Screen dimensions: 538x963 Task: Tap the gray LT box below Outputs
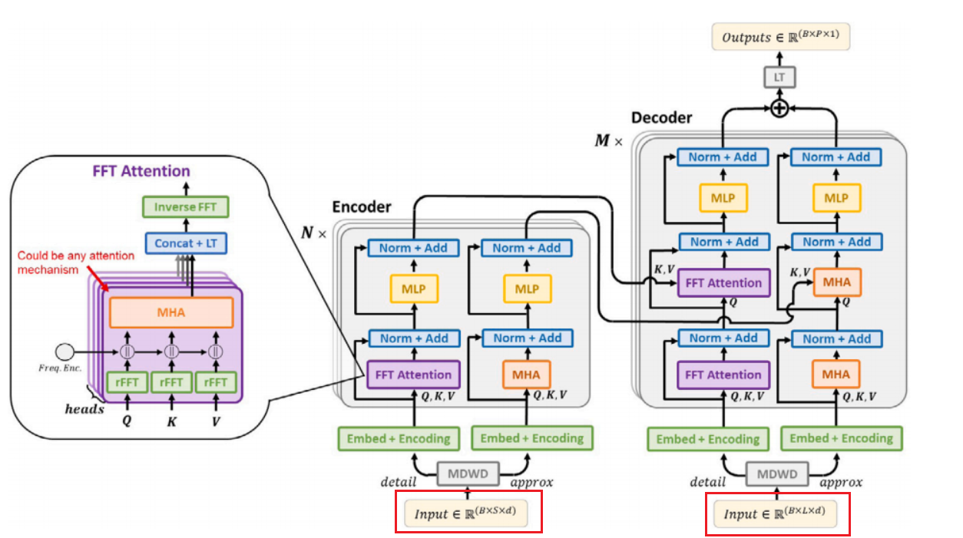pyautogui.click(x=779, y=77)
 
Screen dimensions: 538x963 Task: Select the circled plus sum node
pyautogui.click(x=779, y=109)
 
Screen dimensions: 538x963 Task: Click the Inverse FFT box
pyautogui.click(x=186, y=207)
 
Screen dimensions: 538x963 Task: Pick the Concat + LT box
pyautogui.click(x=186, y=243)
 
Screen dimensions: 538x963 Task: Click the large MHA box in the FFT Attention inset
pyautogui.click(x=171, y=312)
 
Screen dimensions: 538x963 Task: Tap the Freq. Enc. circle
pyautogui.click(x=65, y=352)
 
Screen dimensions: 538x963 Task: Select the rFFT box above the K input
pyautogui.click(x=171, y=381)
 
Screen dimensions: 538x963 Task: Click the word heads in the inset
pyautogui.click(x=84, y=409)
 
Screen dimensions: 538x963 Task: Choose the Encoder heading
pyautogui.click(x=361, y=207)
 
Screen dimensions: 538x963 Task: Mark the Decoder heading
pyautogui.click(x=661, y=117)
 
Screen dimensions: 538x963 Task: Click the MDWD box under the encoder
pyautogui.click(x=468, y=474)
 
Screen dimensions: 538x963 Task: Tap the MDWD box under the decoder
pyautogui.click(x=777, y=474)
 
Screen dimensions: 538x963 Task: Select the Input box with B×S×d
pyautogui.click(x=468, y=512)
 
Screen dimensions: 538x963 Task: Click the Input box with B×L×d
pyautogui.click(x=777, y=513)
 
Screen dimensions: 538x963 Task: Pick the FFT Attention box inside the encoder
pyautogui.click(x=413, y=375)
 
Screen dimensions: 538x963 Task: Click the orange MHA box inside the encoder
pyautogui.click(x=527, y=375)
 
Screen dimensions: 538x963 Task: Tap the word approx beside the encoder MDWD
pyautogui.click(x=531, y=482)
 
